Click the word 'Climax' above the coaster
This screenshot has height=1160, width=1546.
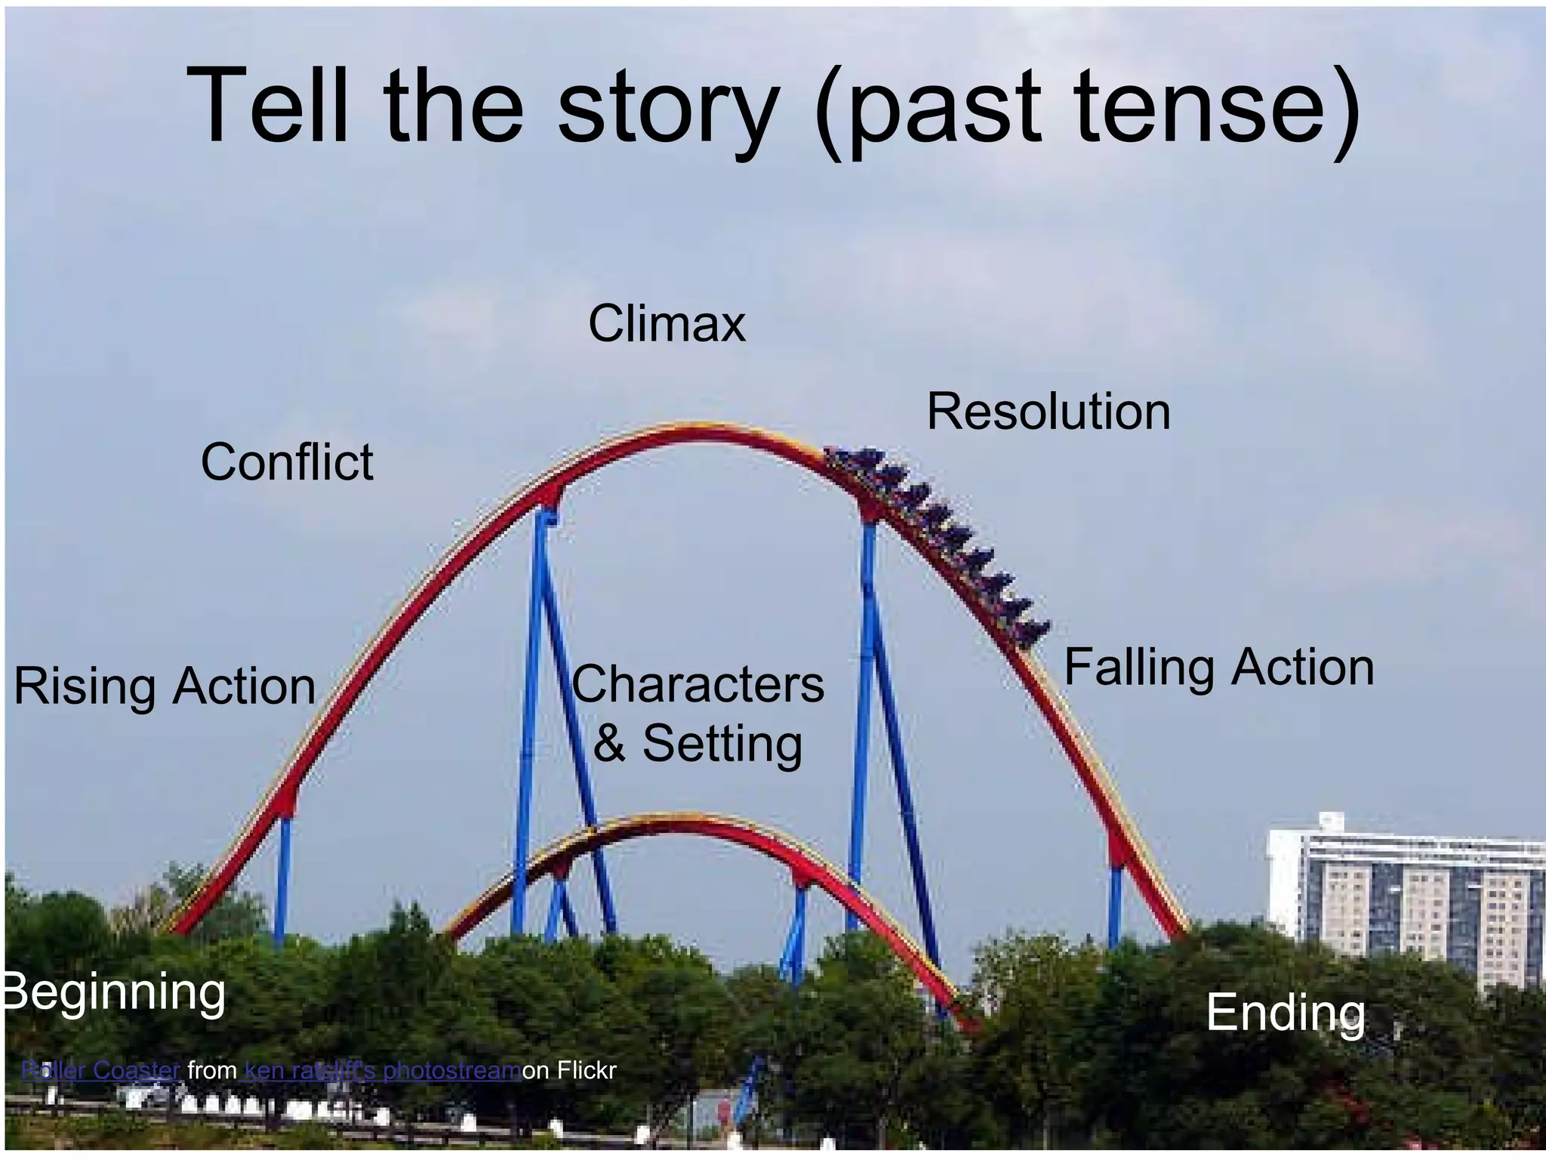click(x=667, y=324)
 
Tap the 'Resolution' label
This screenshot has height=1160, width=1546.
click(x=1048, y=412)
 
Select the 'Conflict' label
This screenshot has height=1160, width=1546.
click(x=287, y=461)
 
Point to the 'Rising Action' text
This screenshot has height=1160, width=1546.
click(x=165, y=686)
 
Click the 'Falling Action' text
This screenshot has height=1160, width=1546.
click(x=1218, y=668)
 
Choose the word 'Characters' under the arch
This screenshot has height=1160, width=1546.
click(x=698, y=684)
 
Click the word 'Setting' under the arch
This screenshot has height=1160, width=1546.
click(x=722, y=743)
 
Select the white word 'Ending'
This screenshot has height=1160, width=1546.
click(x=1286, y=1013)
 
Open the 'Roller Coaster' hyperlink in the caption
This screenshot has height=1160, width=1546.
click(x=100, y=1070)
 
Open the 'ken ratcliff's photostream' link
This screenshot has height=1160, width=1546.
click(x=383, y=1070)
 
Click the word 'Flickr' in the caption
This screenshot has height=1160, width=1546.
click(x=587, y=1070)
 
